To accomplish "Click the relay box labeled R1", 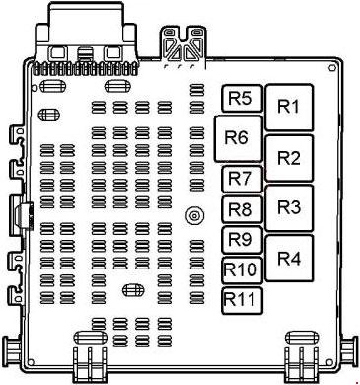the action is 289,107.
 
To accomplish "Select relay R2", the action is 289,158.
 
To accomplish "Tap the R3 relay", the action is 289,207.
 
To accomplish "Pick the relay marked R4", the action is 289,258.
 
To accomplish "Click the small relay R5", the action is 243,98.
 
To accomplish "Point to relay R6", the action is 239,138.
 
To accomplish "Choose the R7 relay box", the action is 243,179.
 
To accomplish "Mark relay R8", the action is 243,209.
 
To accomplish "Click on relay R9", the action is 243,240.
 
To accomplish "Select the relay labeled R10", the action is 243,270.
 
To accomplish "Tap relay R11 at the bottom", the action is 243,300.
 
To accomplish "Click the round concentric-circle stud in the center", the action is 193,216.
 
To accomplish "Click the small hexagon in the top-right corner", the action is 331,68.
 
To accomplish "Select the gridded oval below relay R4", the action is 302,338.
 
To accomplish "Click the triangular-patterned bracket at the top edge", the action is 184,46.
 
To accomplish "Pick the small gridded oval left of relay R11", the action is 133,290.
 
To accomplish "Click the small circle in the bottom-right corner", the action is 329,362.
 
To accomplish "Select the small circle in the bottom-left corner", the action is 31,362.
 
